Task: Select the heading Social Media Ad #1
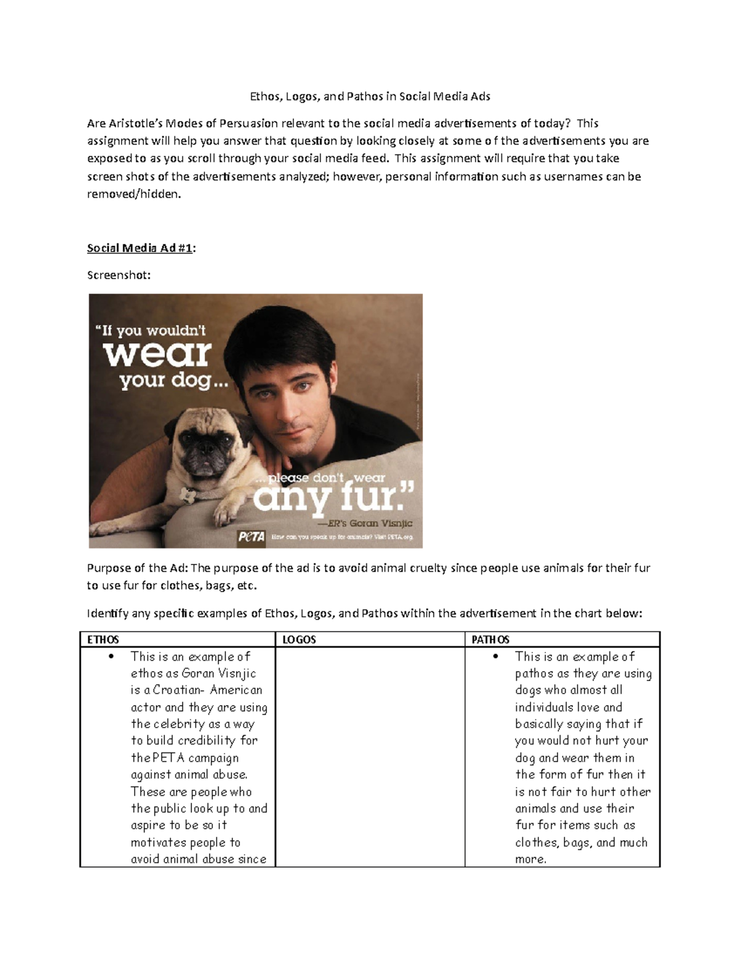coord(141,248)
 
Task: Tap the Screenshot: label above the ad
coord(119,275)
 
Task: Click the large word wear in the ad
coord(157,353)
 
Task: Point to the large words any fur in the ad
coord(333,497)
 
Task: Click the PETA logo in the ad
coord(251,537)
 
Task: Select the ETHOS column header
coord(103,640)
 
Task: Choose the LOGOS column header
coord(299,640)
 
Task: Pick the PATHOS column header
coord(490,640)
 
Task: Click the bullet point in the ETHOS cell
coord(111,656)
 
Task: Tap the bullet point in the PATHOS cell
coord(496,656)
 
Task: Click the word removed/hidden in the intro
coord(135,194)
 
